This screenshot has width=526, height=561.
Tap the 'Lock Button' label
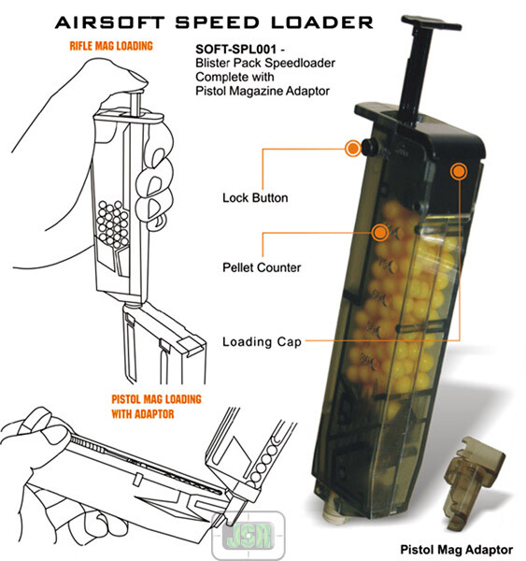tap(255, 198)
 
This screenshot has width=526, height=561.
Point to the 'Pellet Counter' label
tap(262, 267)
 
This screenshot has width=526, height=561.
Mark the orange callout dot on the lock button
tap(353, 147)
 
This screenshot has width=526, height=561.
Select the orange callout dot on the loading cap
tap(459, 171)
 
